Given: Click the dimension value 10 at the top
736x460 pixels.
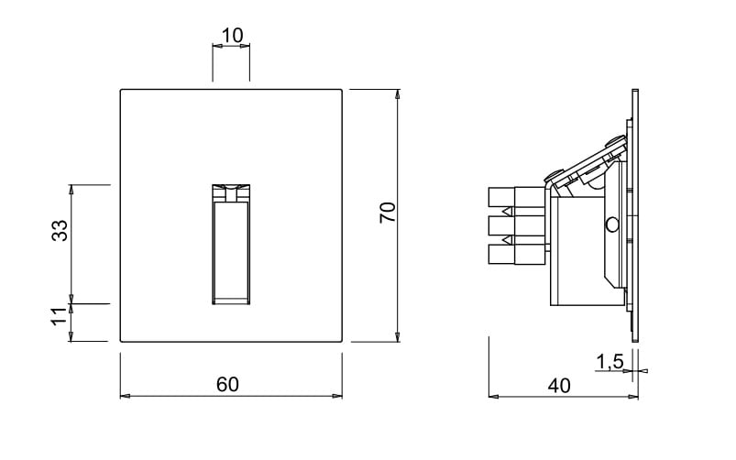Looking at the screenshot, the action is [232, 36].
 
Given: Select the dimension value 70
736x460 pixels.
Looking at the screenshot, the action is [389, 213].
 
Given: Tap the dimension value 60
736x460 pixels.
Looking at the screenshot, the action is [227, 385].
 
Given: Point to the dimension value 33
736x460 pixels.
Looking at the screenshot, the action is [60, 231].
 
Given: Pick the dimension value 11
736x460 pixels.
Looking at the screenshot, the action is [60, 316].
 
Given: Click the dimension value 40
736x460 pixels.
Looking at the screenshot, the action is [559, 386].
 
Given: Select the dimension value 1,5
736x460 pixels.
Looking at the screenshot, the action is [610, 362].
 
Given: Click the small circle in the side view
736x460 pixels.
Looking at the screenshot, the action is [612, 225].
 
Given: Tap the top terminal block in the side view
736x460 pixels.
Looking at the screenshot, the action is [516, 197].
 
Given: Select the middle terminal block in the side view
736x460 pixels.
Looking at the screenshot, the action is [516, 225].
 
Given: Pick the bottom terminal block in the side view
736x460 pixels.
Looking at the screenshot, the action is [516, 255].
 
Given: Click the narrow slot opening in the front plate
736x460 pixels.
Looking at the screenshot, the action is [231, 245].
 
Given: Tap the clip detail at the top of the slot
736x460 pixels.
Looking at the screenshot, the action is [231, 193].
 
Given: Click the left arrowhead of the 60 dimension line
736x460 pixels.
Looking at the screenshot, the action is [126, 396].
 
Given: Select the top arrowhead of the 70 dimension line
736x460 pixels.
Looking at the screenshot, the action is [398, 93].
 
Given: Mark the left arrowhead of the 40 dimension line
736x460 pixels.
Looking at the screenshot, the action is [494, 397].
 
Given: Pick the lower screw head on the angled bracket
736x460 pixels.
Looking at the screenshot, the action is [555, 175].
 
